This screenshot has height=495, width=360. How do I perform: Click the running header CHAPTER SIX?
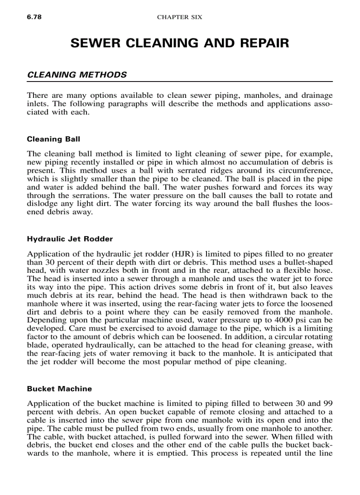coord(180,17)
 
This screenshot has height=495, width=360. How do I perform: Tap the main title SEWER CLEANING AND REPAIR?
coord(180,43)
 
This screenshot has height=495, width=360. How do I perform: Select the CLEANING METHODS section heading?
coord(77,75)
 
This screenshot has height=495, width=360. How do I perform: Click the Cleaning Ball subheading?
coord(53,139)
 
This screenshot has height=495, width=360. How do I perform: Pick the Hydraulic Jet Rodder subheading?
coord(70,239)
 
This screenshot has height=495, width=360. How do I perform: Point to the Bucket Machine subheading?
coord(59,389)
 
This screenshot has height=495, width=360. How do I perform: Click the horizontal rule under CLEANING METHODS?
coord(180,82)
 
